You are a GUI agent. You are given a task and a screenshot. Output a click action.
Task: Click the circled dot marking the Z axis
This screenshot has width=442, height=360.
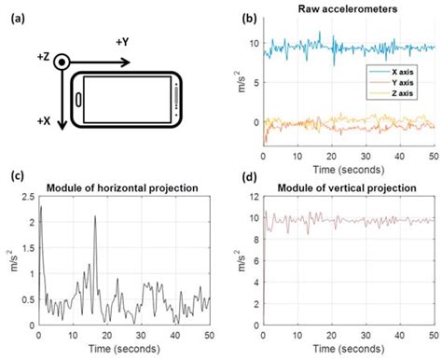coord(61,62)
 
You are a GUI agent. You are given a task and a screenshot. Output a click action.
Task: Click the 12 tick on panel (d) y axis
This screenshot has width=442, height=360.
coord(253,197)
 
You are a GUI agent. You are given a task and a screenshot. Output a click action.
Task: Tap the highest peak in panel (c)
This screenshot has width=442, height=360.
coord(40,207)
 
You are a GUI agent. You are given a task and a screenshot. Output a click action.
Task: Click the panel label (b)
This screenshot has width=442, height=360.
coord(249,18)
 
